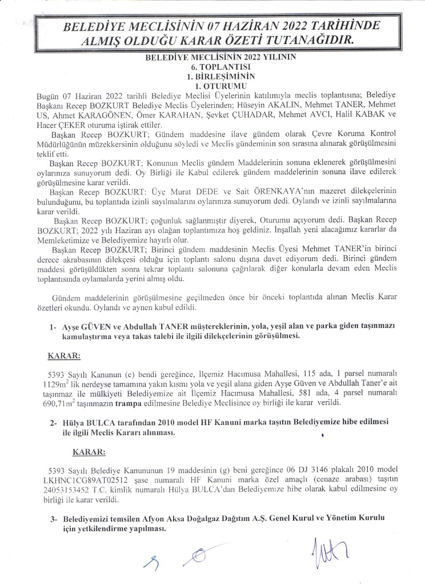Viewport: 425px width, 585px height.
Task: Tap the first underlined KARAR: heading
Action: pyautogui.click(x=65, y=356)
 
